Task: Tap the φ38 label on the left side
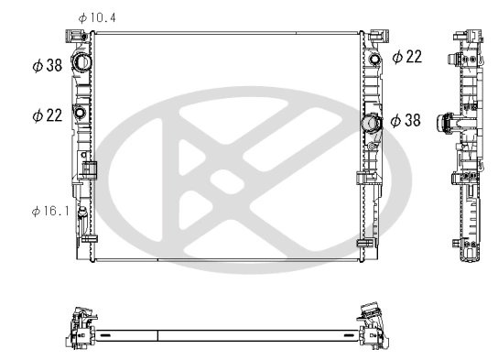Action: (x=47, y=65)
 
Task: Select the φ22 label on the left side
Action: (x=47, y=115)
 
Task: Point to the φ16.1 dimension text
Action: (x=50, y=211)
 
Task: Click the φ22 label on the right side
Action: (x=406, y=57)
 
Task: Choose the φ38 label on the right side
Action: (x=406, y=120)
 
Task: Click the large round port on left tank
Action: (x=81, y=63)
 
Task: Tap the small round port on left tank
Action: (x=80, y=114)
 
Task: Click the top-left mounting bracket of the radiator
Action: (x=69, y=37)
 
